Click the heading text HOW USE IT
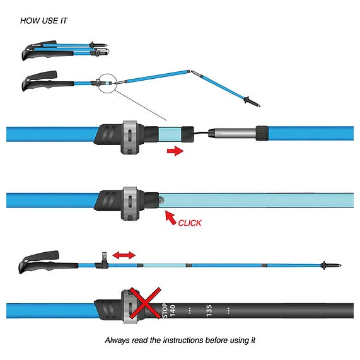point(44,21)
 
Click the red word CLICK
point(190,223)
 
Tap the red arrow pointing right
point(175,151)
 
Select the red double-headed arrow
point(124,255)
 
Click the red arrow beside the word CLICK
point(170,218)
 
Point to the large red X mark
point(144,303)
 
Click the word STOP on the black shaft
point(165,310)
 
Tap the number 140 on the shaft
point(172,311)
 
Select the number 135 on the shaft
point(209,311)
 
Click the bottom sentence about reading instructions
point(180,340)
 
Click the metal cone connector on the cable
point(232,133)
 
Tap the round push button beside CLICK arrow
point(161,200)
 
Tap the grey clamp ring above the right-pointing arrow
point(130,137)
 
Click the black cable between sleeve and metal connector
point(201,132)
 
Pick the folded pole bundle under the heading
point(66,50)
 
